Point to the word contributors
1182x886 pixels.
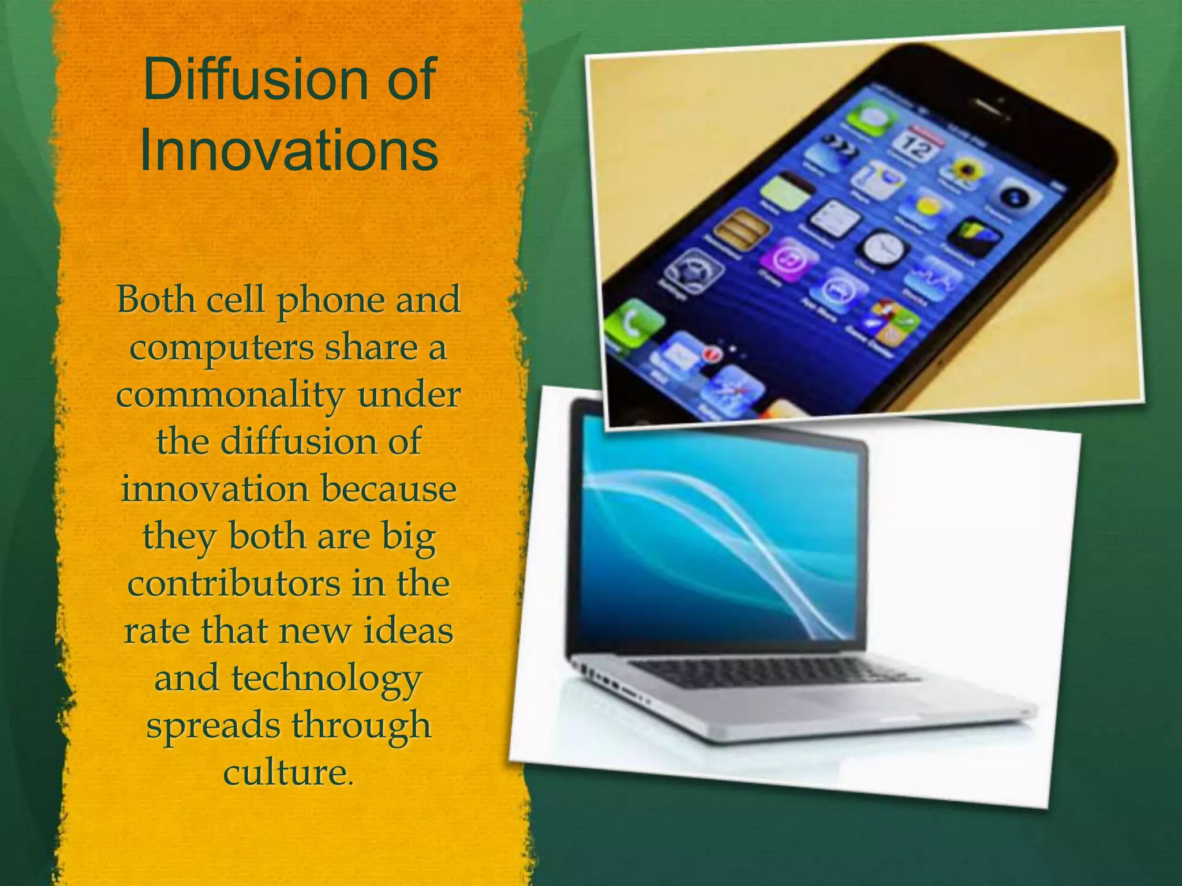click(x=233, y=584)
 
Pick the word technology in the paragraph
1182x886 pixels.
click(x=327, y=678)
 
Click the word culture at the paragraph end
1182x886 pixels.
click(x=287, y=773)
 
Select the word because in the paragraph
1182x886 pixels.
click(x=388, y=490)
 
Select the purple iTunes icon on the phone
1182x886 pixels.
click(x=787, y=259)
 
